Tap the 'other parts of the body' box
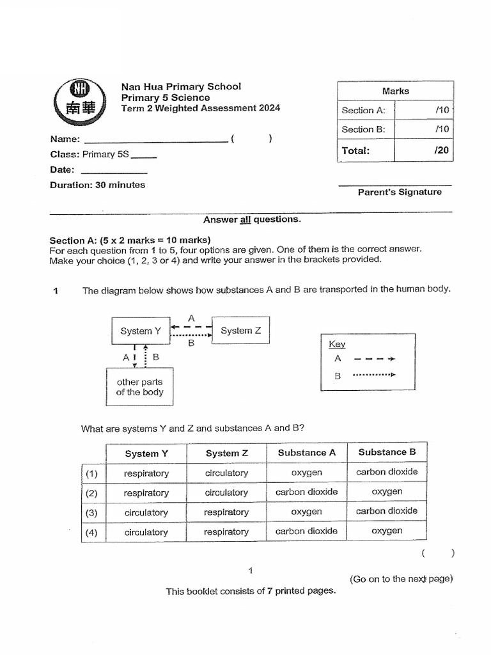coord(139,387)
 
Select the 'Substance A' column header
coord(306,453)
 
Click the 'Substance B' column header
coord(387,452)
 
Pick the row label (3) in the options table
coord(92,513)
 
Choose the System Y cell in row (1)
coord(146,473)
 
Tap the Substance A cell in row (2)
coord(306,493)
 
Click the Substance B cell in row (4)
coord(387,531)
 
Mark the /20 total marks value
coord(440,151)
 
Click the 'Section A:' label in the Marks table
coord(363,110)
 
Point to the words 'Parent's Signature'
coord(399,192)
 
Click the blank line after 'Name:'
coord(155,139)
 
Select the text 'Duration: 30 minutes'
coord(98,185)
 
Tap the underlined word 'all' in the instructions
coord(245,219)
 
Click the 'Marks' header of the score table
coord(395,91)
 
